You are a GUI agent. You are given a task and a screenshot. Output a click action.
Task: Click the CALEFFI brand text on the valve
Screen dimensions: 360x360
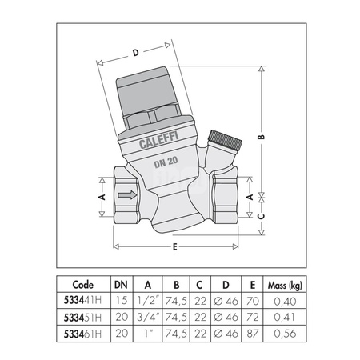click(x=158, y=140)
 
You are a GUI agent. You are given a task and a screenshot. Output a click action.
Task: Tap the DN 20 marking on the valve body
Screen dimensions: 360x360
click(x=166, y=162)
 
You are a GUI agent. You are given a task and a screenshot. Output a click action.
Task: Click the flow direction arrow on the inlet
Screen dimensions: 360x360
click(x=127, y=195)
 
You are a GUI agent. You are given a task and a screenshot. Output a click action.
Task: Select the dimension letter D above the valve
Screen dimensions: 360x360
click(x=136, y=53)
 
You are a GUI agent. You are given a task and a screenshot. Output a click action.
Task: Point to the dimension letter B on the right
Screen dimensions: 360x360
click(x=262, y=137)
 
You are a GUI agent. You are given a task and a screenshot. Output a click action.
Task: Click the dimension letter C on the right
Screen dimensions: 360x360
click(x=262, y=216)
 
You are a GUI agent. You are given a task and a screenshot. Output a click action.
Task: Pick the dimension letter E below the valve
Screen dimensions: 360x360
click(x=174, y=247)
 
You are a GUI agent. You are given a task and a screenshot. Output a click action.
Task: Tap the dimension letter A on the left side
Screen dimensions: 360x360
click(x=102, y=197)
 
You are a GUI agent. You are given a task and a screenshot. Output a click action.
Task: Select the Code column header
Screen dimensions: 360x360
click(x=83, y=285)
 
